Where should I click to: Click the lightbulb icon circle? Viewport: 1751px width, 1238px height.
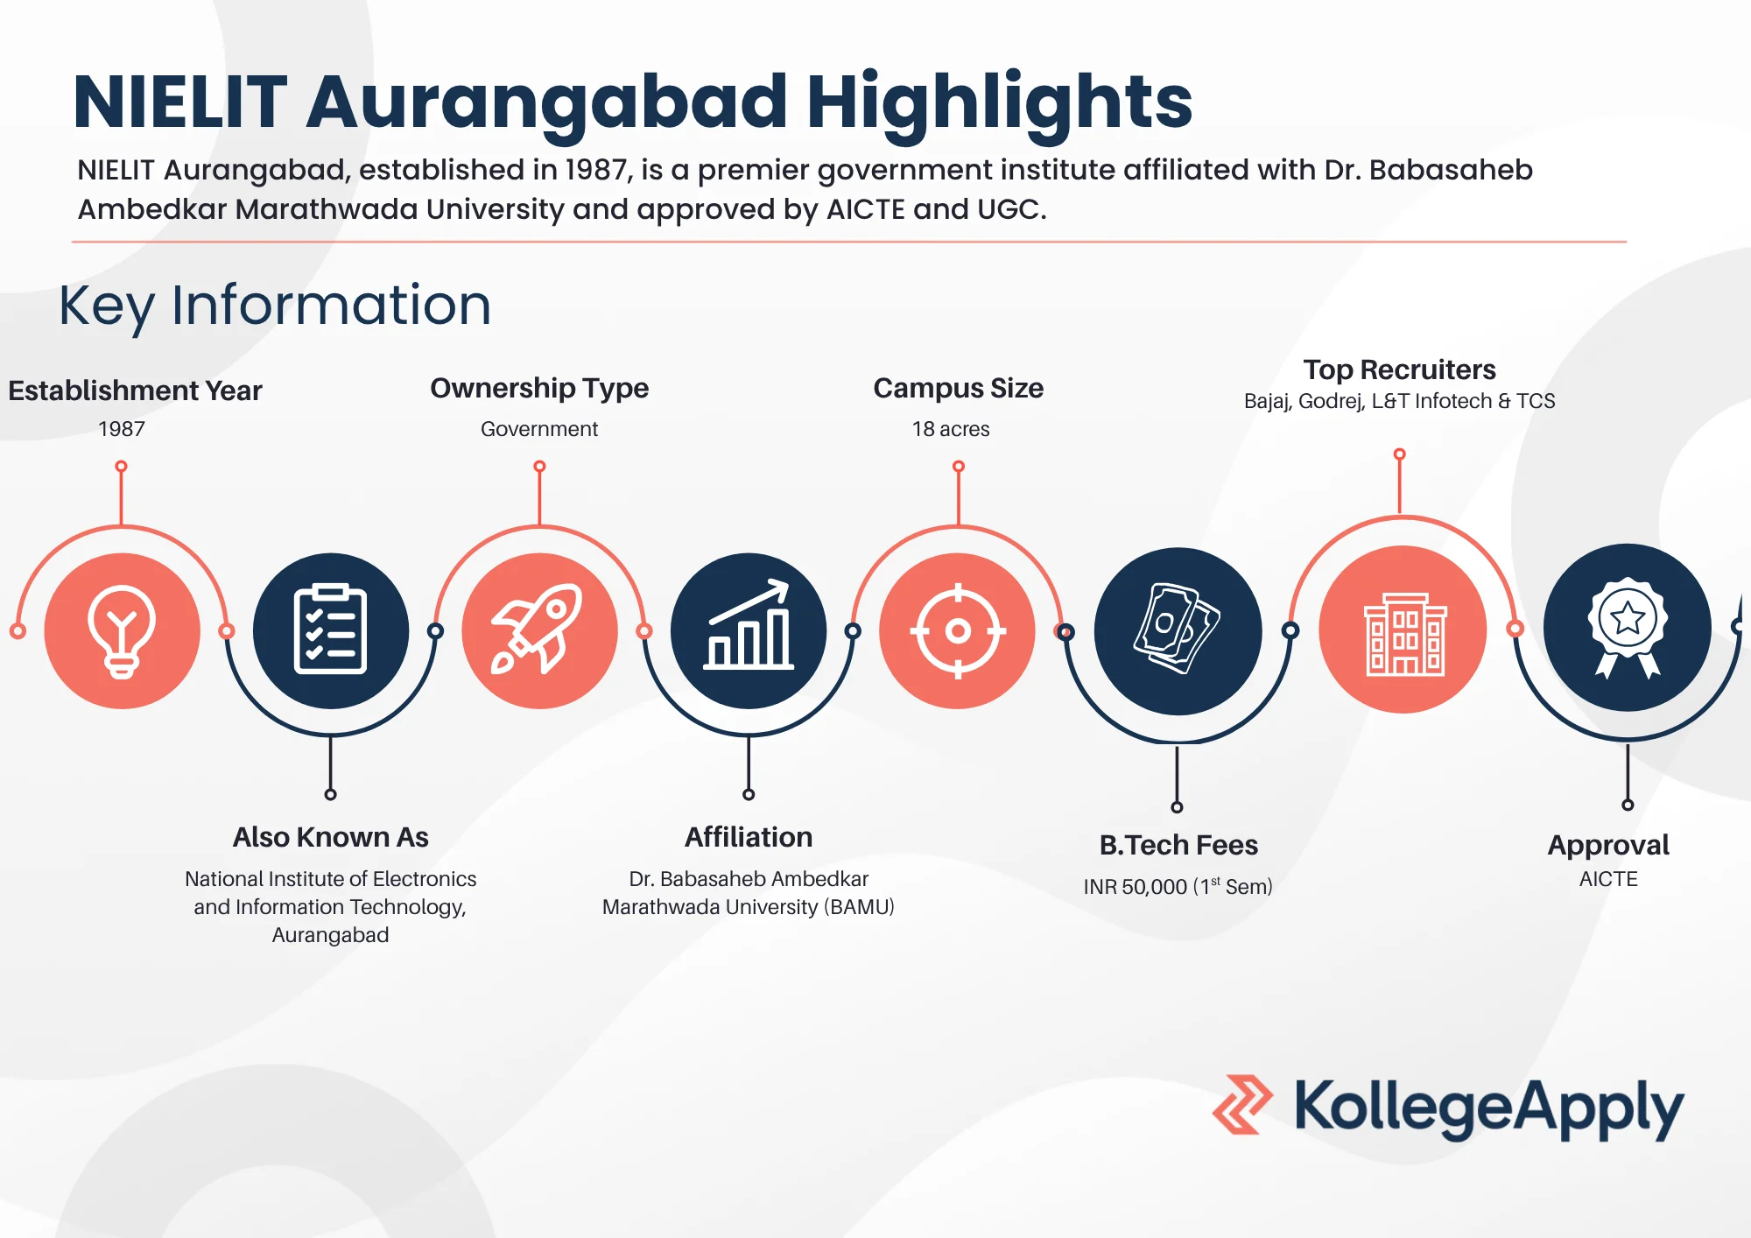122,630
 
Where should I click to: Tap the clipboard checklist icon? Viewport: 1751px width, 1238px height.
330,630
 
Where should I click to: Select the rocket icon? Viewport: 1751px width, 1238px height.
539,630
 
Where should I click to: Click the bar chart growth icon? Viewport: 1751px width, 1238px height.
749,630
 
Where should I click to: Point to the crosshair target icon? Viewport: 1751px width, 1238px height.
958,630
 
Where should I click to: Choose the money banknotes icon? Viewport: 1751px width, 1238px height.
1178,630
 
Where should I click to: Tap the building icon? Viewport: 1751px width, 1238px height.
1403,630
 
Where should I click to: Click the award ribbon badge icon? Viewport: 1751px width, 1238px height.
1627,628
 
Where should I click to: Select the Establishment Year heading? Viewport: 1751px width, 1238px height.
135,390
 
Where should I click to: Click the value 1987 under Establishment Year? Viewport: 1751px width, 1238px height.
122,429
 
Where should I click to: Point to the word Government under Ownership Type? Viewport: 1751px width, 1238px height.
539,429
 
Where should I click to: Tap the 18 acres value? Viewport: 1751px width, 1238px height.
951,429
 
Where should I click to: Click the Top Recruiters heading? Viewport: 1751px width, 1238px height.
1399,369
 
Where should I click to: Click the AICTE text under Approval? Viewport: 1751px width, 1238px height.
1608,879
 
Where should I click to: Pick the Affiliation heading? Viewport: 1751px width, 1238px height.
749,837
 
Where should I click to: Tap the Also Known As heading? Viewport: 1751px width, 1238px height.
330,837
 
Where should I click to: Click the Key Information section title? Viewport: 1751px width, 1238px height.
275,306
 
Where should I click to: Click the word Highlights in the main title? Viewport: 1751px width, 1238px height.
998,102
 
